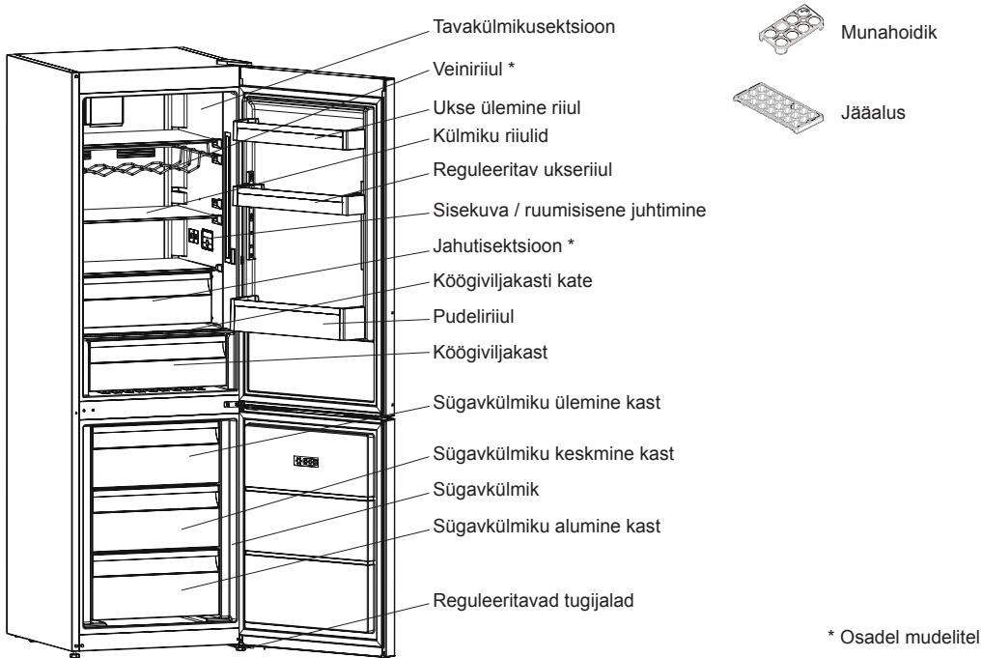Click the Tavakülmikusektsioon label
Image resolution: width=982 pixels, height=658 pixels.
pos(523,27)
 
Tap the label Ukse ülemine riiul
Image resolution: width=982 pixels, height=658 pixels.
pos(507,108)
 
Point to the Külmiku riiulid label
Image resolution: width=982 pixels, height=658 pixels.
pos(491,136)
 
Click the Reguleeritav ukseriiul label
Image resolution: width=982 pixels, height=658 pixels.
pos(522,170)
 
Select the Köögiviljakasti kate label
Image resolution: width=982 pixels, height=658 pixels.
pos(513,281)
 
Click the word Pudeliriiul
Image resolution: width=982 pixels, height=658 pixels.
pos(473,317)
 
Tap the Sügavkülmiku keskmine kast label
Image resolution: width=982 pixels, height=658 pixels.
pos(553,454)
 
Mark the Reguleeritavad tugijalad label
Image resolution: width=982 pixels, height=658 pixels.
pos(534,601)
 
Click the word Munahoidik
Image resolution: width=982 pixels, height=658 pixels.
pos(888,33)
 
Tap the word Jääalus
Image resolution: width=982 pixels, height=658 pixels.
pos(873,113)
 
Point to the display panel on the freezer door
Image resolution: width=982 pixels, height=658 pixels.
pos(306,462)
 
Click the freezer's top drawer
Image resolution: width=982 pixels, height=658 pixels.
pos(155,456)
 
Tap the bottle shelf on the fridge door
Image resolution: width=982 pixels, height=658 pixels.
pos(296,320)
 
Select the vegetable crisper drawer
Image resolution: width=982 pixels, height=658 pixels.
pos(157,366)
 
